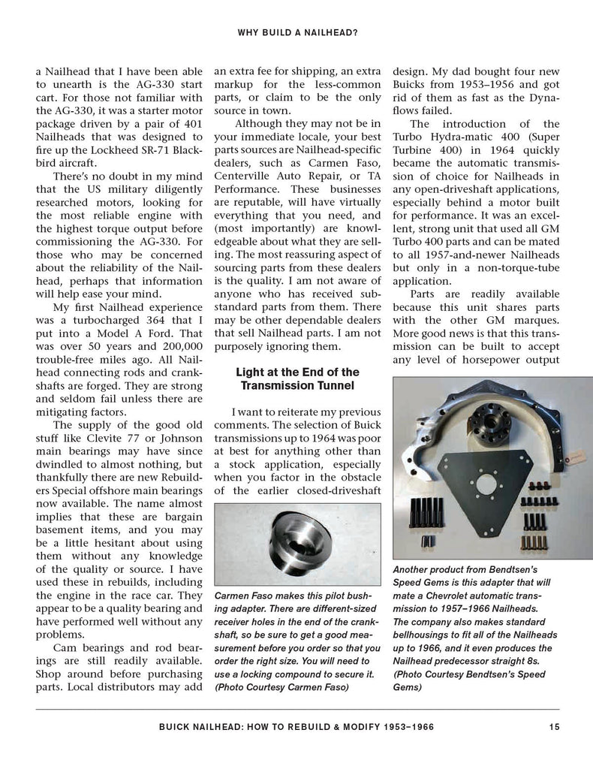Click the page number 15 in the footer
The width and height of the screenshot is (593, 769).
pyautogui.click(x=553, y=726)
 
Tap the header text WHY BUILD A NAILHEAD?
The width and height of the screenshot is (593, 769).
pyautogui.click(x=296, y=32)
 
